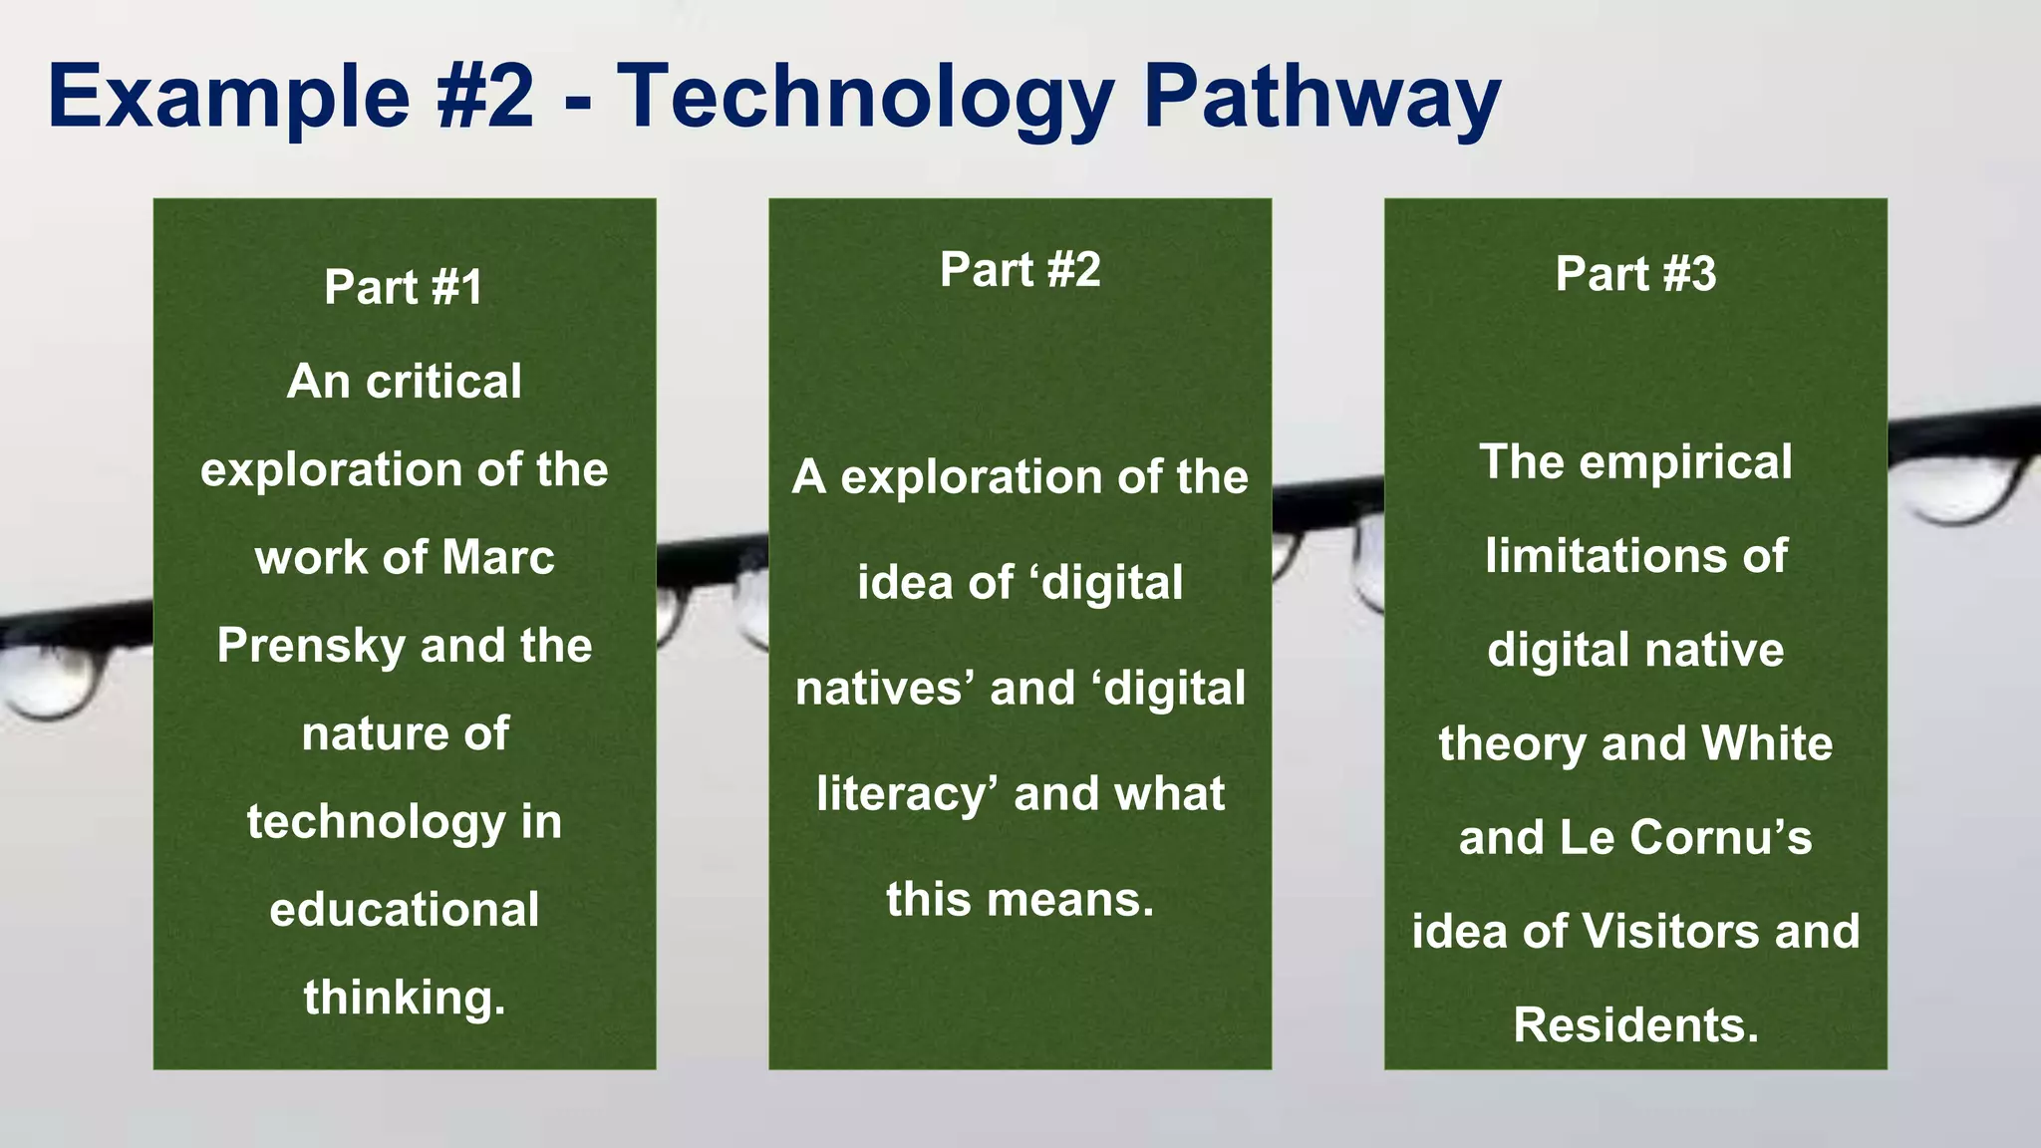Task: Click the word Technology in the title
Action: [865, 97]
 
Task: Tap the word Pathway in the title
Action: [1321, 97]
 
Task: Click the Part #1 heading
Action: [404, 287]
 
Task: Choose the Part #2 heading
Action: [1020, 269]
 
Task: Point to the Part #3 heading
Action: [1635, 273]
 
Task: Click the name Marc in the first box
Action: [498, 557]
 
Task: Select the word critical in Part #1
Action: [443, 382]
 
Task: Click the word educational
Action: [404, 910]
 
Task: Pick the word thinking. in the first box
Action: [404, 998]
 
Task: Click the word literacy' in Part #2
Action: [907, 794]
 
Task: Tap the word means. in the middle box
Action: [1071, 900]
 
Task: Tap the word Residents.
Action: [1635, 1025]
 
